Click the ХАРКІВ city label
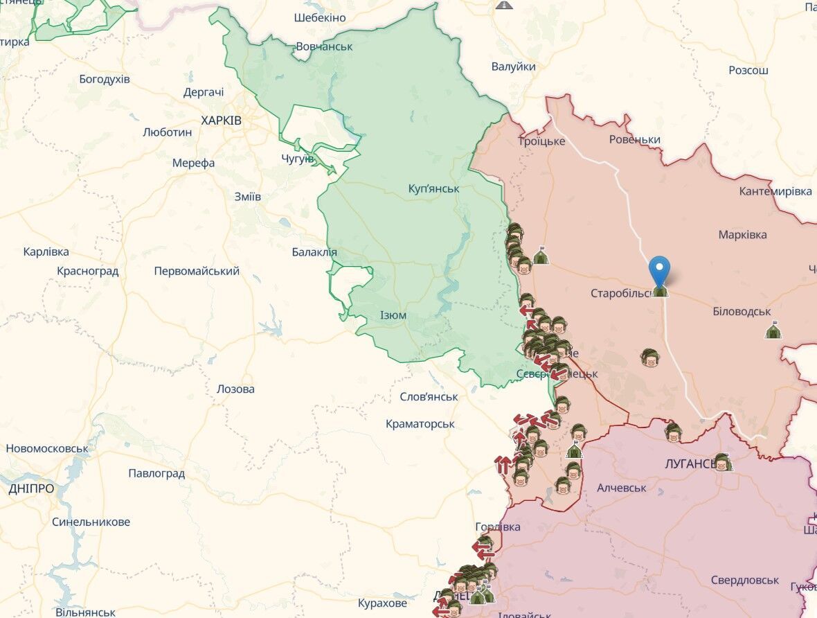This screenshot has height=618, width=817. pyautogui.click(x=221, y=121)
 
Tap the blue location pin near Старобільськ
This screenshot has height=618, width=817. pyautogui.click(x=661, y=271)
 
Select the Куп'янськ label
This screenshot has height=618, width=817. pyautogui.click(x=433, y=188)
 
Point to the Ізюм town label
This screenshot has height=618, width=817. pyautogui.click(x=393, y=315)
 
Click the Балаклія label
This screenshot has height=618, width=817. pyautogui.click(x=314, y=252)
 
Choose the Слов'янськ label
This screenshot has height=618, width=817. pyautogui.click(x=429, y=397)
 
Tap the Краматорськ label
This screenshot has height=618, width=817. pyautogui.click(x=420, y=423)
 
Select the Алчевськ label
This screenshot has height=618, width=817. pyautogui.click(x=621, y=488)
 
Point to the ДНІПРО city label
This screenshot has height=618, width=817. pyautogui.click(x=31, y=488)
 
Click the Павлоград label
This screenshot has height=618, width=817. pyautogui.click(x=156, y=474)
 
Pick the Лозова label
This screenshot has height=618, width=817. pyautogui.click(x=235, y=389)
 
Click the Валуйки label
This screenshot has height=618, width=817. pyautogui.click(x=513, y=67)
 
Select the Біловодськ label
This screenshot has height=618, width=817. pyautogui.click(x=742, y=312)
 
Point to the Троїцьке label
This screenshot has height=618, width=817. pyautogui.click(x=541, y=141)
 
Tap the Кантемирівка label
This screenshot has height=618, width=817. pyautogui.click(x=775, y=191)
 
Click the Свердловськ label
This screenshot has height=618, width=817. pyautogui.click(x=745, y=580)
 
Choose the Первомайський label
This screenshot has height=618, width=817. pyautogui.click(x=197, y=271)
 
